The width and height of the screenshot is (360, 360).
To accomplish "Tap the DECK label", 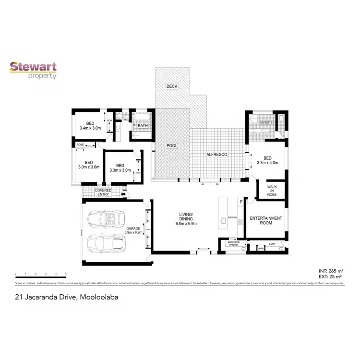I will tap(172, 86).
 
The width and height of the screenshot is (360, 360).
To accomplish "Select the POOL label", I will tap(172, 145).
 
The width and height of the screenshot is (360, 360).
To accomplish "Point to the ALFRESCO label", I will tap(216, 155).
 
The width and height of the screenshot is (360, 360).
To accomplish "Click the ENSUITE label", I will tap(266, 122).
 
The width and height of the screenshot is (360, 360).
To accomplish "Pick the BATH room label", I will tap(143, 126).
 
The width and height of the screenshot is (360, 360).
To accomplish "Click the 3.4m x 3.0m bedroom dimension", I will tap(90, 128).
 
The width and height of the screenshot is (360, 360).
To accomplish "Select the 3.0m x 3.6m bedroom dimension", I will tap(88, 167).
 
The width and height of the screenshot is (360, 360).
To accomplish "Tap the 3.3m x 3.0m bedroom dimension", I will tap(120, 170).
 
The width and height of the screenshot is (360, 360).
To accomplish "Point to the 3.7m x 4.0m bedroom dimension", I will tap(267, 163).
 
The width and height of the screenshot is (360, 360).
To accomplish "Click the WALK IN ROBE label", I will tap(272, 190).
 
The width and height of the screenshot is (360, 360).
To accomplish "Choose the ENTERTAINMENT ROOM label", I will tap(266, 220).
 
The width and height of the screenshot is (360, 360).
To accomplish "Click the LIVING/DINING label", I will tap(186, 218).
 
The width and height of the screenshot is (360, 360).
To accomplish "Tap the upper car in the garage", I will tap(110, 220).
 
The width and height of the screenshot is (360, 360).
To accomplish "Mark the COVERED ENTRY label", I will tap(103, 192).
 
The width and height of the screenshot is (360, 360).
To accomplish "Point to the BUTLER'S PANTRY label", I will tap(233, 243).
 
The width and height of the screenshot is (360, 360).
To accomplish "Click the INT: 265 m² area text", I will tap(330, 271).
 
